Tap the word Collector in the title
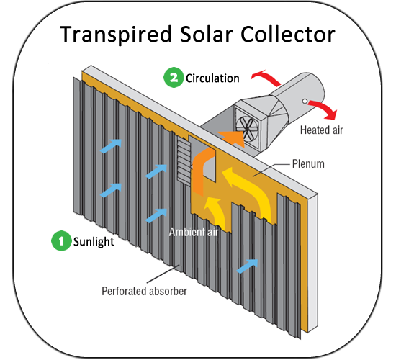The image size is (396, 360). point(288,34)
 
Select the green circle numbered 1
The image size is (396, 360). point(61,240)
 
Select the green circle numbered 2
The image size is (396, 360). point(174,78)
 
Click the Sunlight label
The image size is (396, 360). point(94,242)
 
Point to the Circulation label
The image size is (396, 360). point(212,78)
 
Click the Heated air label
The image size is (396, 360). point(322,130)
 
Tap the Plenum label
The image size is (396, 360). point(308,164)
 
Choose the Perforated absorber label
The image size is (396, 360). point(144,292)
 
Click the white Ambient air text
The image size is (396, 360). point(194,232)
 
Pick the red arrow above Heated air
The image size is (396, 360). point(325,109)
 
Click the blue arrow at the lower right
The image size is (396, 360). point(247,266)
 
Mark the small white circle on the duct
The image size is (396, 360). point(305,102)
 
